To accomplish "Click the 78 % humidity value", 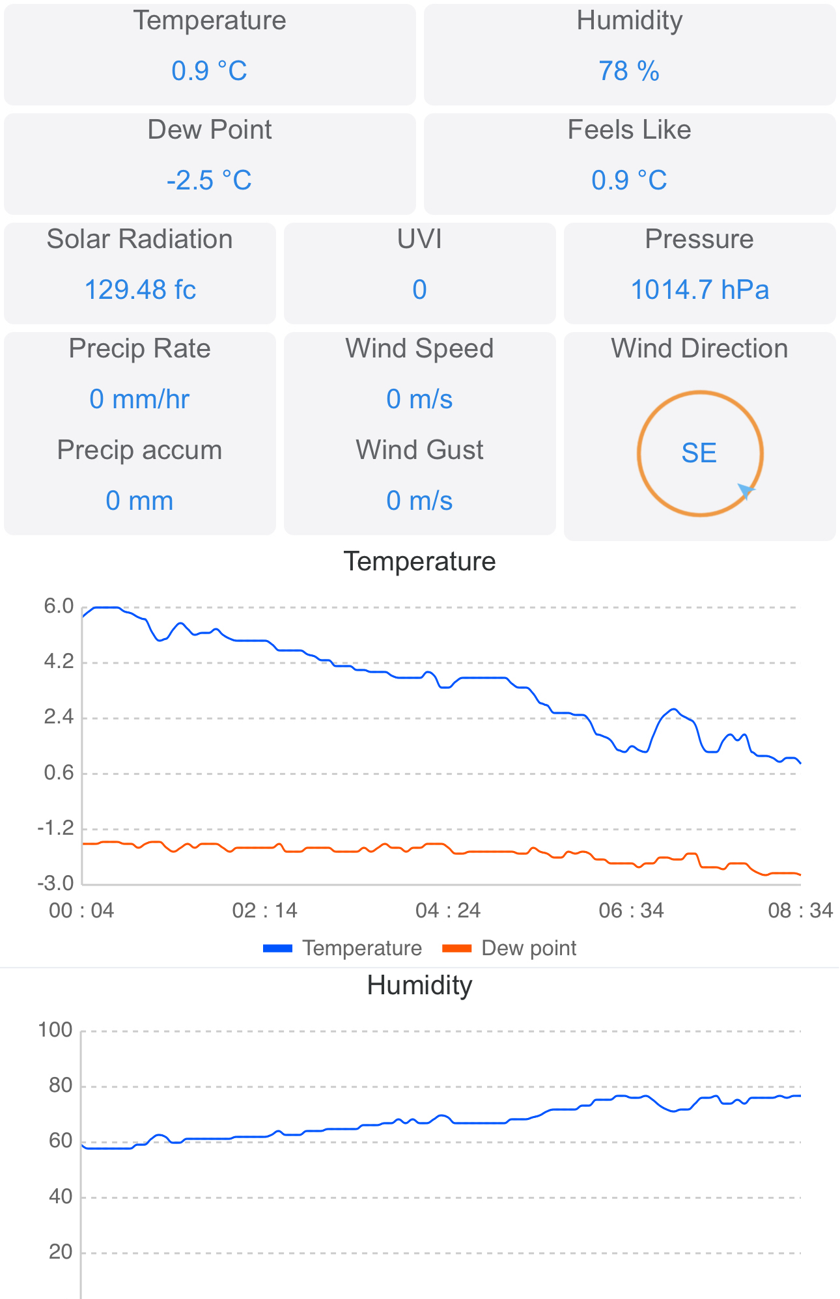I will pos(629,71).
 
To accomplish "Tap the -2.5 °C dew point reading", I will pos(209,180).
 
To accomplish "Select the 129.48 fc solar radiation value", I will pos(140,290).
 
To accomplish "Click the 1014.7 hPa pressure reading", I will pos(699,290).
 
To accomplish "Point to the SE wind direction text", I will pos(699,453).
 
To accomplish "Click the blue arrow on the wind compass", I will pos(746,490).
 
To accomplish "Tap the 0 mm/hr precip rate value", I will pos(139,399).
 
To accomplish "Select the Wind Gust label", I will pos(419,450).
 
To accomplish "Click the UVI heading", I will pos(419,239).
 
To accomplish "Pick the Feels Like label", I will pos(629,130).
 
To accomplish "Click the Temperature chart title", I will pos(419,561).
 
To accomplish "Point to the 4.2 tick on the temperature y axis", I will pos(59,662).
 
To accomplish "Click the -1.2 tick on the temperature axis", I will pos(56,828).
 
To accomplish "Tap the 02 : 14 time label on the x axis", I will pos(264,910).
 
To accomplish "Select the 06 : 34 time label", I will pos(631,910).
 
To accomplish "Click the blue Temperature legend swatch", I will pos(278,948).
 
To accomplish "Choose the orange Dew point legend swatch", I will pos(456,948).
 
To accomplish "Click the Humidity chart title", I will pos(419,985).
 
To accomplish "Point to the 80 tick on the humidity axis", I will pos(61,1085).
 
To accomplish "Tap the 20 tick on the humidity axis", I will pos(61,1251).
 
